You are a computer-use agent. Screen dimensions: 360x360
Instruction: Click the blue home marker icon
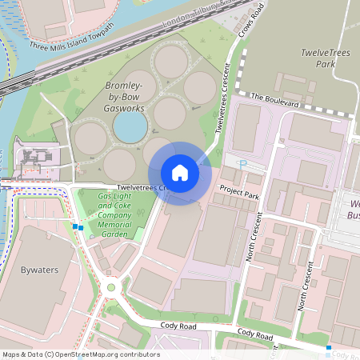pyautogui.click(x=180, y=173)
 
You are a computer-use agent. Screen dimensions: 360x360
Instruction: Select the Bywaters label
pyautogui.click(x=39, y=270)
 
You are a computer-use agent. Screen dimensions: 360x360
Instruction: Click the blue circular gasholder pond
pyautogui.click(x=130, y=126)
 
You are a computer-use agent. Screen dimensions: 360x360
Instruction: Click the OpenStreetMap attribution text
pyautogui.click(x=82, y=354)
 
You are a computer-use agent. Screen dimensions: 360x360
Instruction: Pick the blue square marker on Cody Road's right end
pyautogui.click(x=329, y=348)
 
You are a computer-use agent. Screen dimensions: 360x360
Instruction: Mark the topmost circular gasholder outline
pyautogui.click(x=170, y=61)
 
